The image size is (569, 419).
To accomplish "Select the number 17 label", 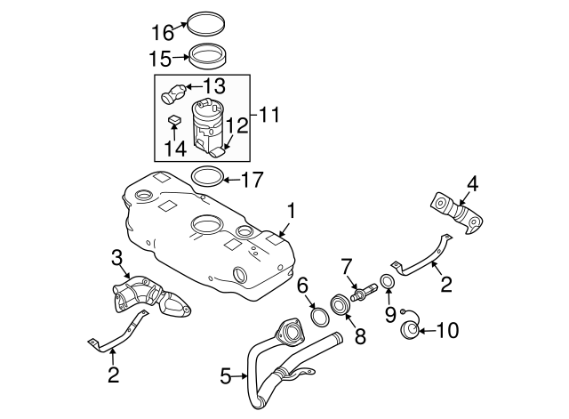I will [252, 180].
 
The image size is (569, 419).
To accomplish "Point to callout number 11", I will [268, 115].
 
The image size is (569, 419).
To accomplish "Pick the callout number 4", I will [473, 185].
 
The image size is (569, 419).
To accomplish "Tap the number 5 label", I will [226, 376].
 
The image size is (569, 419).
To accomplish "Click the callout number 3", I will [115, 259].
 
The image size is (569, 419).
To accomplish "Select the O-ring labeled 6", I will [317, 316].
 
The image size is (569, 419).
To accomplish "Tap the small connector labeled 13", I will [173, 92].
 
